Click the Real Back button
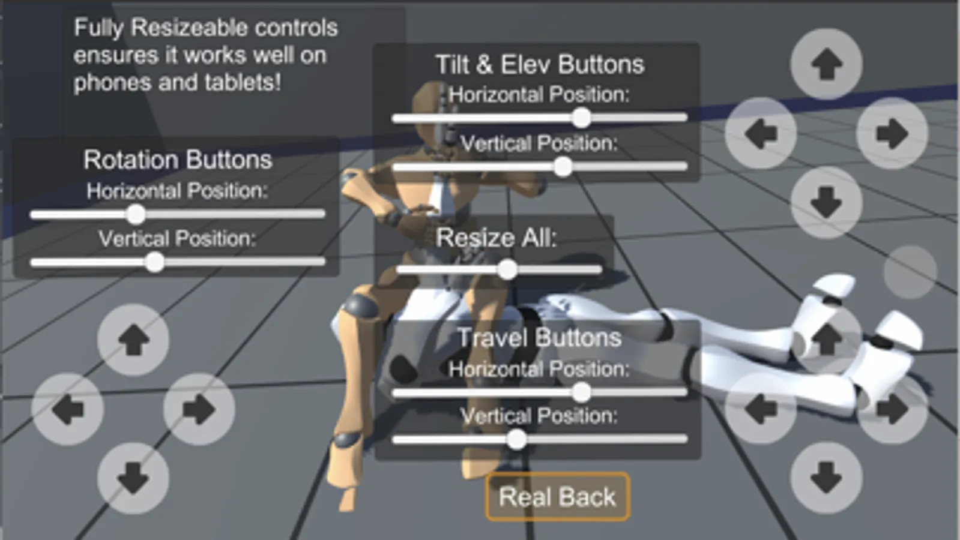tap(558, 497)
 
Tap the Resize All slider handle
tap(507, 270)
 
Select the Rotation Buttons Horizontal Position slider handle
tap(136, 214)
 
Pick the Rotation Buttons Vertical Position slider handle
tap(154, 262)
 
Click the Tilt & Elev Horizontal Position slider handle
tap(582, 118)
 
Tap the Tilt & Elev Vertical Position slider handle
tap(563, 166)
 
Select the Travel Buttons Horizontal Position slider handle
tap(582, 392)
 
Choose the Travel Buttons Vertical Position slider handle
tap(517, 439)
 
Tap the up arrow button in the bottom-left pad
tap(133, 340)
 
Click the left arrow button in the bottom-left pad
tap(68, 409)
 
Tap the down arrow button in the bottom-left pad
tap(133, 478)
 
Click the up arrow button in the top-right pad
tap(826, 64)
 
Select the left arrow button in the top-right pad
tap(761, 134)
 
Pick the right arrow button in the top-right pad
tap(892, 134)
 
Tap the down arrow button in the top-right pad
tap(826, 202)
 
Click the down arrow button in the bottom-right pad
tap(826, 478)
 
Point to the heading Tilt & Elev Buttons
tap(540, 65)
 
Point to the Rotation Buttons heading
tap(178, 160)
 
